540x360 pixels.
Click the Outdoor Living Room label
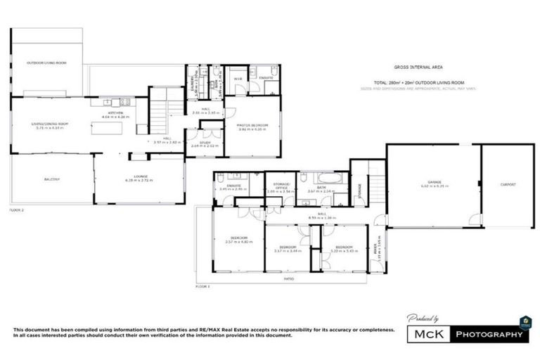[x=46, y=63]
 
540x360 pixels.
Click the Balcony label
[x=51, y=179]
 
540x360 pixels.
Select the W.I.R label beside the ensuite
[x=238, y=78]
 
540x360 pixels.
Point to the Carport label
[x=508, y=184]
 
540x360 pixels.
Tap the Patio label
[x=288, y=278]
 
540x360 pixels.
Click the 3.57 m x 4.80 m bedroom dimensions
[x=238, y=242]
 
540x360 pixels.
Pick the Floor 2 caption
[x=16, y=210]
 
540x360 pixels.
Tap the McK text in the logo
[x=427, y=334]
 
